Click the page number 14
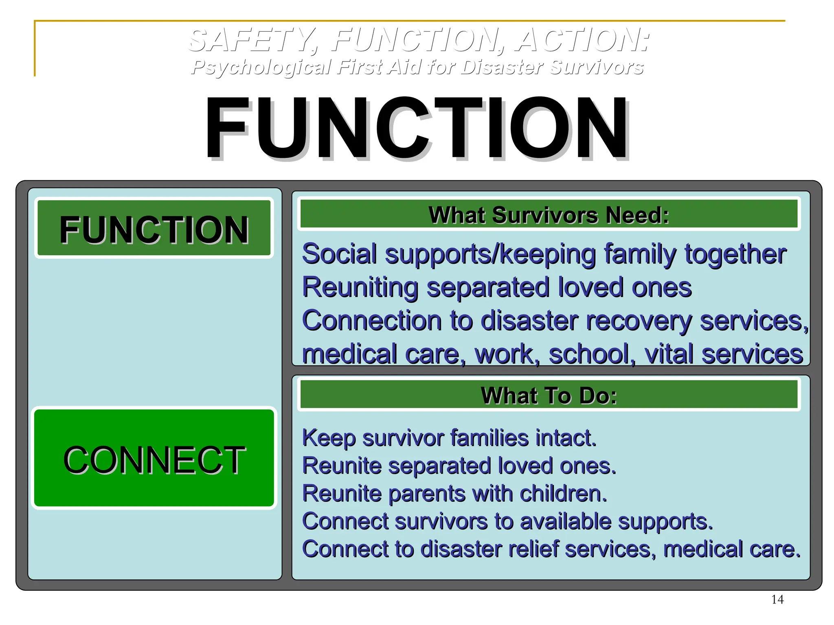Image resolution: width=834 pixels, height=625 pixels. (777, 599)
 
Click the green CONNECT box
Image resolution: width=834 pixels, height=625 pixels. (154, 458)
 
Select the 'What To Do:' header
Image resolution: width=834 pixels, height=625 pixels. (549, 395)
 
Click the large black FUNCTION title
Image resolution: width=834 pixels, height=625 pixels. (416, 128)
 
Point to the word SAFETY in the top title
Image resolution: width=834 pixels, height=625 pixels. (252, 41)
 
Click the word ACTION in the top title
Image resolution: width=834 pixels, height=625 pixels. (582, 41)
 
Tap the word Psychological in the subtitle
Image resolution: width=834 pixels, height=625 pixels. (261, 67)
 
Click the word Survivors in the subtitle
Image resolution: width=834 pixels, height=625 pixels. (596, 67)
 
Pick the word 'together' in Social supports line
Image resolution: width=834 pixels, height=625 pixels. (735, 254)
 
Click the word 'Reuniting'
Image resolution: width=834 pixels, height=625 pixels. (360, 287)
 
